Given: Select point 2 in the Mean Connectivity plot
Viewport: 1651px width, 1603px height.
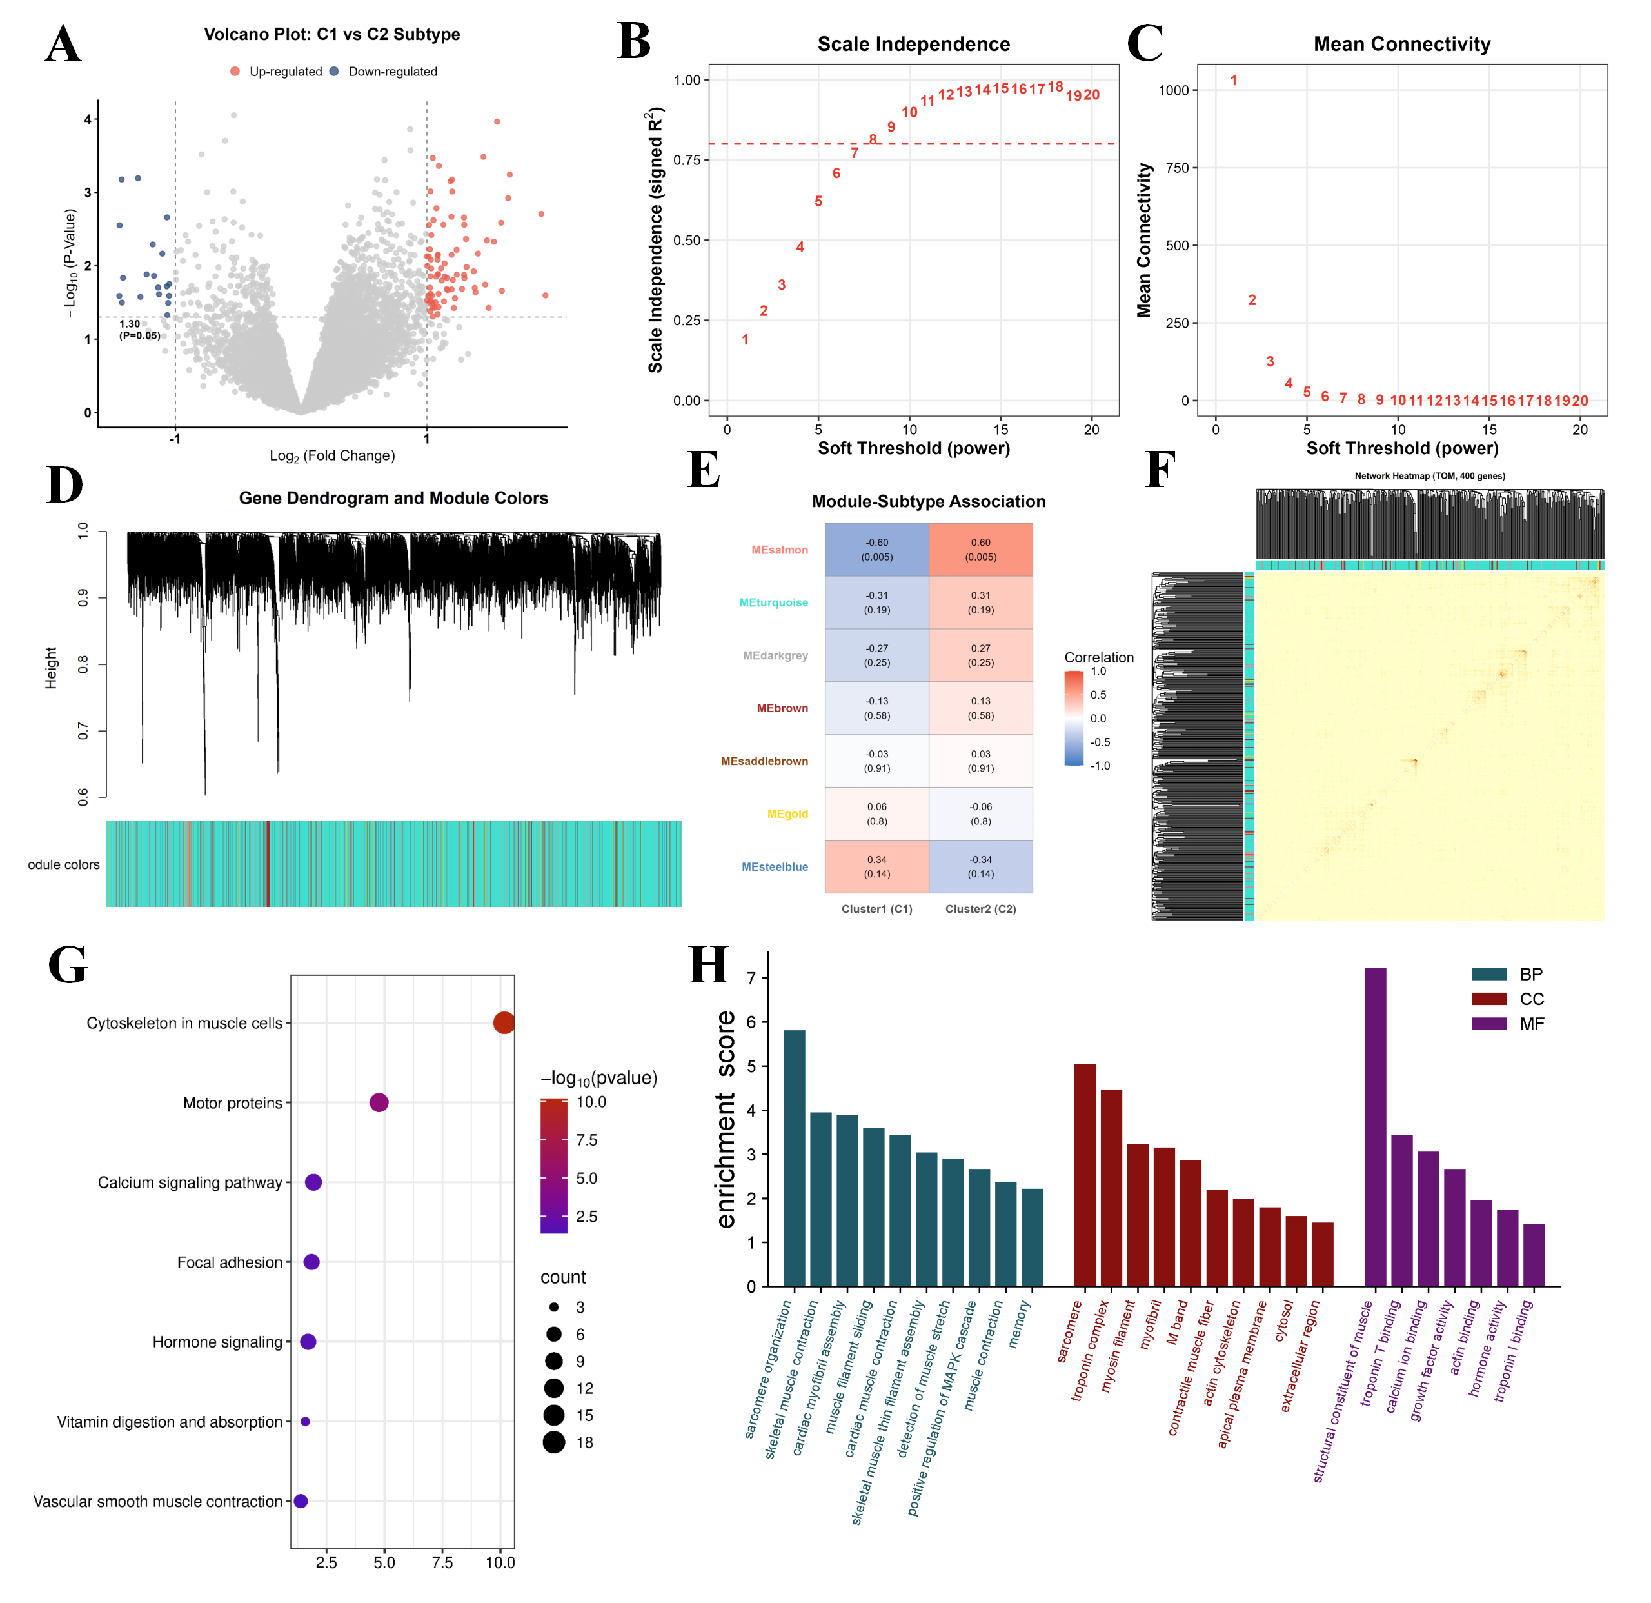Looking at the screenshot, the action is [x=1252, y=300].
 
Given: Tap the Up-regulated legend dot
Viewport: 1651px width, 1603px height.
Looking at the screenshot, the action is [x=235, y=72].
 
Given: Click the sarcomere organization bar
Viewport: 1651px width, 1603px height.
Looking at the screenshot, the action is [x=795, y=1159].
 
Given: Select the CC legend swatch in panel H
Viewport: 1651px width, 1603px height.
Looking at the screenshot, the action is [x=1488, y=999].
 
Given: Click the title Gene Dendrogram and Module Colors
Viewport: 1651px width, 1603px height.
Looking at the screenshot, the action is [x=393, y=498].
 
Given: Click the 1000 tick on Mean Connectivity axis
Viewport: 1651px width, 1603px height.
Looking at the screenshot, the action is [x=1173, y=90].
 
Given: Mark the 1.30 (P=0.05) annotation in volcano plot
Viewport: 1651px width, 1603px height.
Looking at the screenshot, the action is [x=139, y=330].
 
